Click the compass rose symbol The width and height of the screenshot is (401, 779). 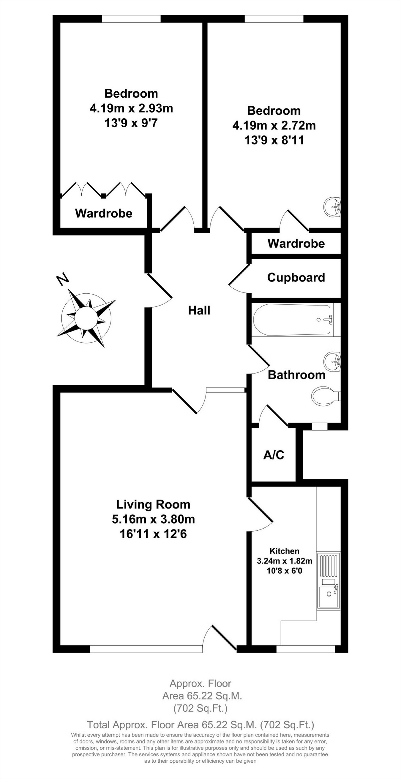pyautogui.click(x=86, y=318)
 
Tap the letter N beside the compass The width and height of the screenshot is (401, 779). pyautogui.click(x=63, y=279)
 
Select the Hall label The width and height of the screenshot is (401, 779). pyautogui.click(x=199, y=310)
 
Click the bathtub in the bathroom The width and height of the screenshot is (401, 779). pyautogui.click(x=292, y=320)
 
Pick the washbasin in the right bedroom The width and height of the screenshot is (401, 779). pyautogui.click(x=333, y=207)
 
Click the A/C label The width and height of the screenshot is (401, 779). pyautogui.click(x=274, y=455)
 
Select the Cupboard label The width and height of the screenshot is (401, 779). pyautogui.click(x=296, y=277)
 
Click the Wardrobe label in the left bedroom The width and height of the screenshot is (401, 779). pyautogui.click(x=104, y=213)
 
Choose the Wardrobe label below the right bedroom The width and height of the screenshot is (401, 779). pyautogui.click(x=296, y=244)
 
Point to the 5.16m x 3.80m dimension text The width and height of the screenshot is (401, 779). pyautogui.click(x=153, y=519)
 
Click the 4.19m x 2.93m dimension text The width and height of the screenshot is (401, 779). pyautogui.click(x=131, y=108)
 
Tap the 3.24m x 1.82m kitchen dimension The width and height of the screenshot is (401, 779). pyautogui.click(x=284, y=561)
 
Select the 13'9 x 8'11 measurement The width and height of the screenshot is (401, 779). pyautogui.click(x=274, y=140)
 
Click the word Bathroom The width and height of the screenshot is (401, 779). pyautogui.click(x=296, y=375)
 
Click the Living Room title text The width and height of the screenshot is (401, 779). pyautogui.click(x=153, y=504)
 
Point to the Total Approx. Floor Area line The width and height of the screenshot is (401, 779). pyautogui.click(x=200, y=725)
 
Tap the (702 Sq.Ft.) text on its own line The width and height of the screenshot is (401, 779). pyautogui.click(x=200, y=708)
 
